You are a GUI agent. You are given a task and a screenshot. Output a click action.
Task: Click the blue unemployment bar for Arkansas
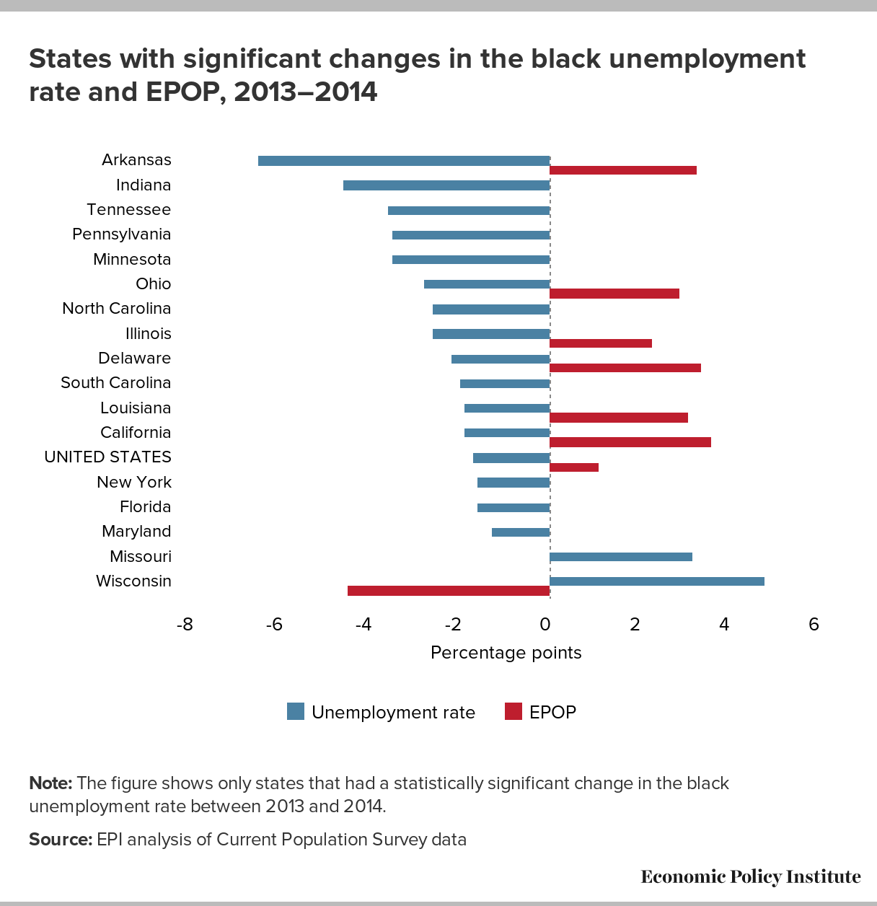[404, 160]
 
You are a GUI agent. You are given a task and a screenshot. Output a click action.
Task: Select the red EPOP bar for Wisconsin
[449, 591]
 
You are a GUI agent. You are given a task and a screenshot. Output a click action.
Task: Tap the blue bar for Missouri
[621, 557]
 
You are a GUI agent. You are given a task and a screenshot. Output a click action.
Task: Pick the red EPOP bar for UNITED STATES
[574, 467]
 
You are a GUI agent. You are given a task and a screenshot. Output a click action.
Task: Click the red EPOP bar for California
[630, 442]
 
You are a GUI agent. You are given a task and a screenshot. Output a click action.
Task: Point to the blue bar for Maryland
[521, 532]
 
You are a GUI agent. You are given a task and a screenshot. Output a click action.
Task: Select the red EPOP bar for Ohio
[614, 294]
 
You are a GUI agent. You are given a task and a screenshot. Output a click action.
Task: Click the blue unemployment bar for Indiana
[446, 185]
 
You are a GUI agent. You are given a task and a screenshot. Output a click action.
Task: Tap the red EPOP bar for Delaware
[625, 368]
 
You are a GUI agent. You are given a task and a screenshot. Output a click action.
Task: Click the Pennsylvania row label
[121, 234]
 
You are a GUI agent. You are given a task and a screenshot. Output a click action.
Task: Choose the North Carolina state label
[116, 309]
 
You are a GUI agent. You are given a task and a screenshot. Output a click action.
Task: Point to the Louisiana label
[136, 408]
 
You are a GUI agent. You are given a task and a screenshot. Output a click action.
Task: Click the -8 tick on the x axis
[185, 625]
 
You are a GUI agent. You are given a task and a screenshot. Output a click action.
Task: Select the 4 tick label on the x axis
[724, 625]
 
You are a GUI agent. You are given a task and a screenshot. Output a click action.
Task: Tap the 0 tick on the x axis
[545, 625]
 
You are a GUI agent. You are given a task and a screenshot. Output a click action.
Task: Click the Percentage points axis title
[506, 653]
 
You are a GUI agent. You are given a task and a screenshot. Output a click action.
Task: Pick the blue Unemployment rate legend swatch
[296, 712]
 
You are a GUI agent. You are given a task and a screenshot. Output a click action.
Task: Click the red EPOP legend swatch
[513, 712]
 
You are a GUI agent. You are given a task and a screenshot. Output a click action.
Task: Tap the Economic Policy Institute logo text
[750, 876]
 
